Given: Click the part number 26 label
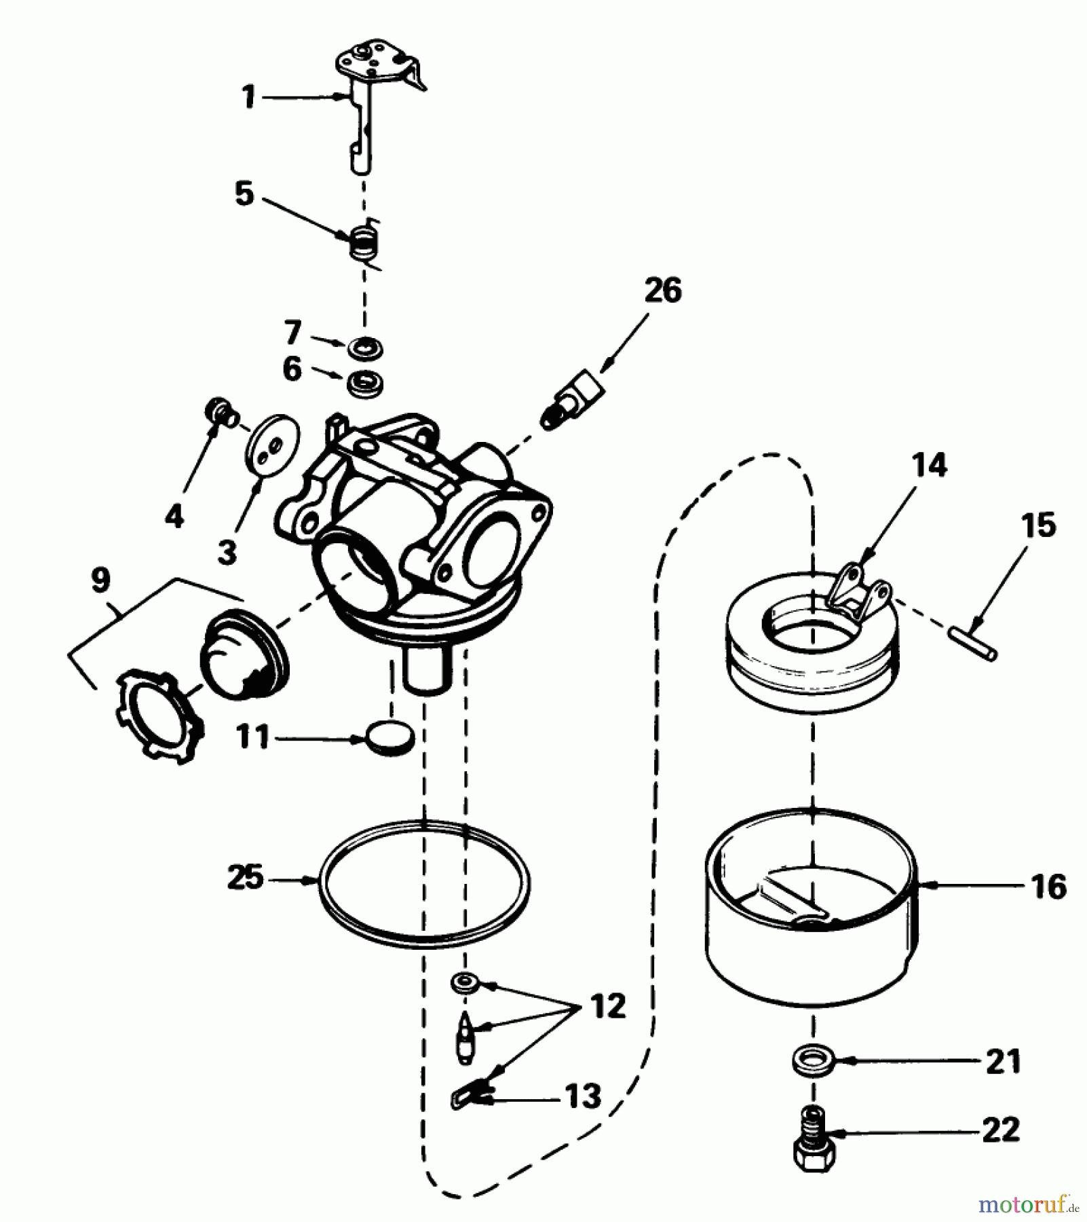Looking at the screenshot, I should click(x=663, y=291).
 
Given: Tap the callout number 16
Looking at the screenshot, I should click(x=1048, y=887).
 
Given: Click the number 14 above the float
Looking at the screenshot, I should click(x=929, y=465).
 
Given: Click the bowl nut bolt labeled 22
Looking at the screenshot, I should click(x=814, y=1147).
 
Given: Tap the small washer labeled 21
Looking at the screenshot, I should click(x=812, y=1060).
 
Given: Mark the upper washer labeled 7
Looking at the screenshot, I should click(x=365, y=348).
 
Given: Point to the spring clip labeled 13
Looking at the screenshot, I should click(x=468, y=1095).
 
